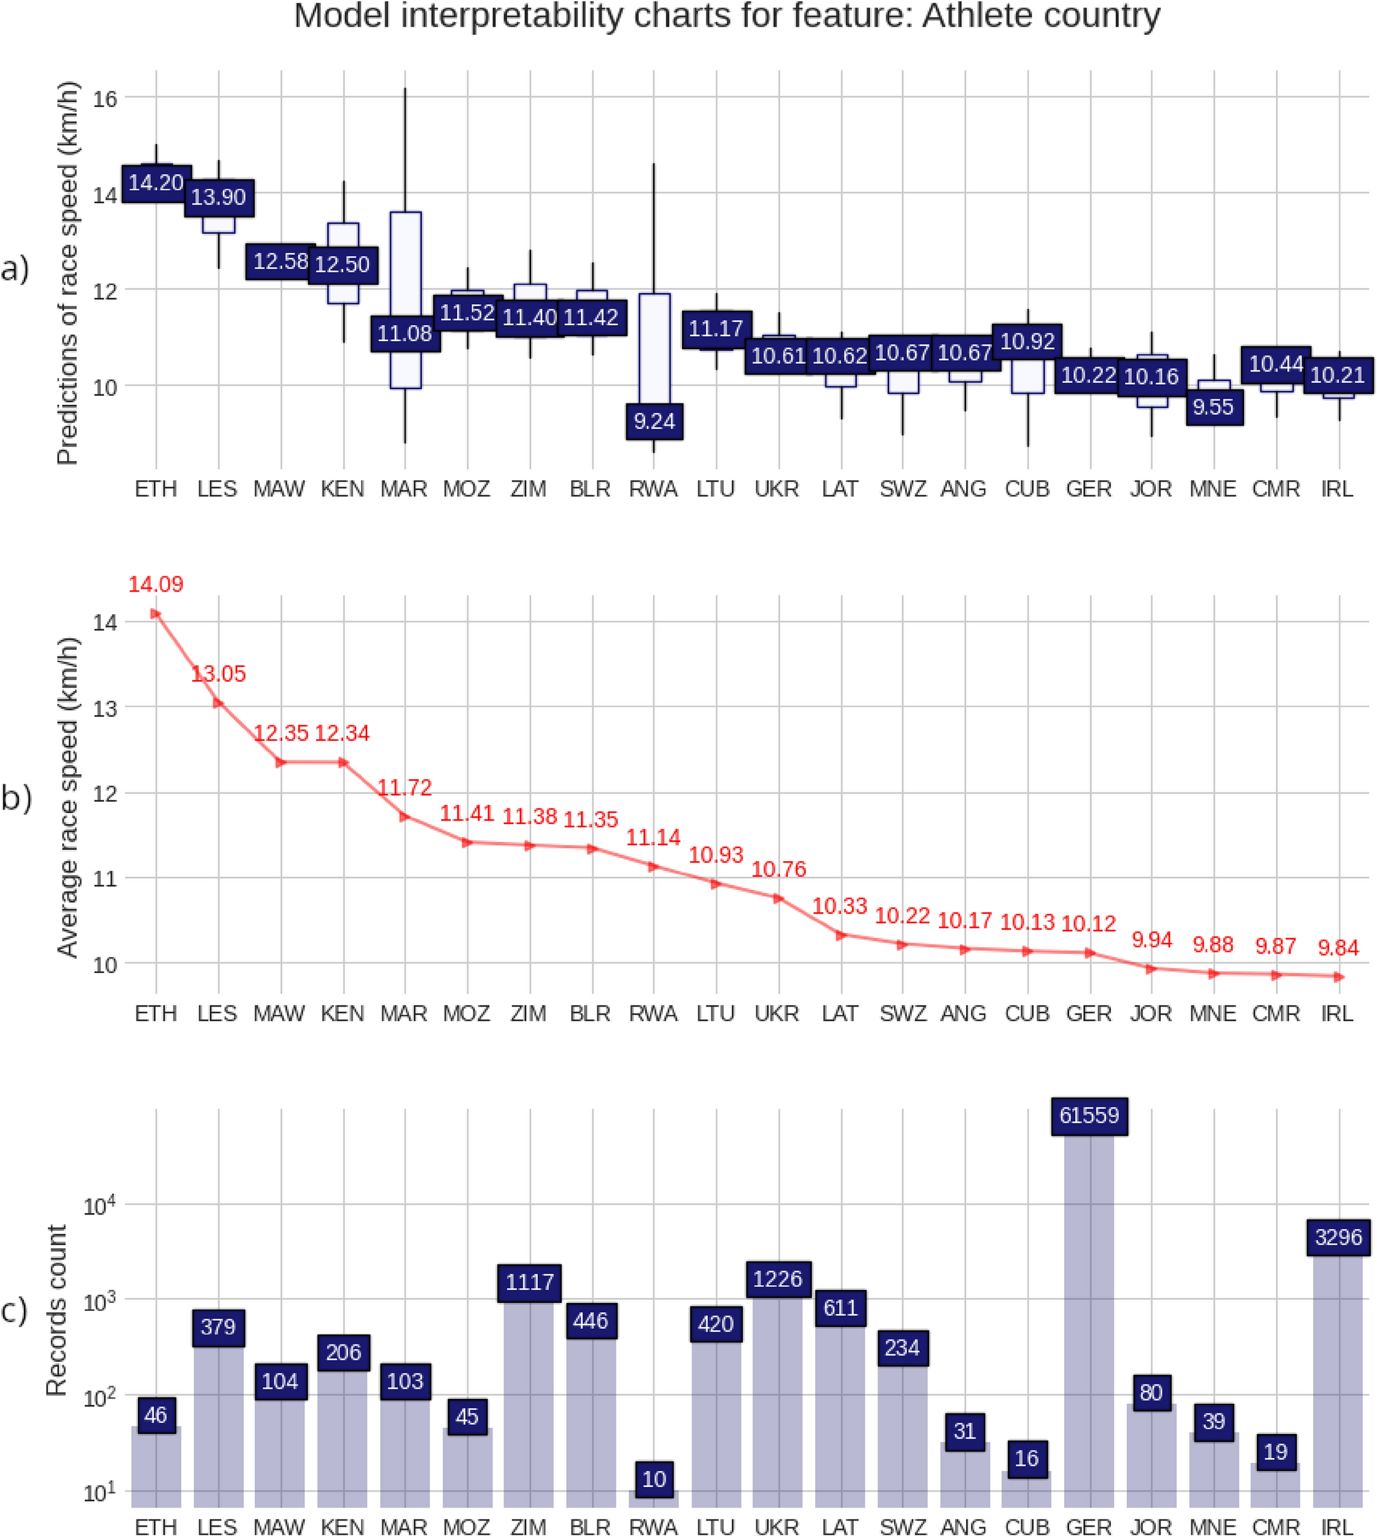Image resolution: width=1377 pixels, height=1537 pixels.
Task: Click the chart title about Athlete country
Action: [x=727, y=16]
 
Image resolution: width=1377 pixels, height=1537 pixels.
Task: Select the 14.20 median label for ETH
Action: [x=156, y=183]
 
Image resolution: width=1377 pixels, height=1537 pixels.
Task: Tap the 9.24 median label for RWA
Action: [x=655, y=421]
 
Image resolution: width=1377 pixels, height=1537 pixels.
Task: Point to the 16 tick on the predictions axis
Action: [x=105, y=98]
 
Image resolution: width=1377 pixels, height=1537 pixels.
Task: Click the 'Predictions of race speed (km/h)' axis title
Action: [x=68, y=272]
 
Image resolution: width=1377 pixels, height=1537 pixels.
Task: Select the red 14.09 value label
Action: [x=156, y=584]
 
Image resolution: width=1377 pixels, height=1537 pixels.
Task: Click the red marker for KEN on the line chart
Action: [x=344, y=762]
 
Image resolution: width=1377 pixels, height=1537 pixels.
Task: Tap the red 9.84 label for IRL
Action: [x=1338, y=948]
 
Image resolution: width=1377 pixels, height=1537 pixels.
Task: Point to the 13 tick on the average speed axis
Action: [x=106, y=708]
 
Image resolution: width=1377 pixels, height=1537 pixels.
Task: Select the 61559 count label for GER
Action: [x=1089, y=1116]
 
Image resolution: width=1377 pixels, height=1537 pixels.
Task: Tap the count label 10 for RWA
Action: [x=655, y=1479]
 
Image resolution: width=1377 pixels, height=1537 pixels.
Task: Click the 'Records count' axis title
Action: [x=58, y=1310]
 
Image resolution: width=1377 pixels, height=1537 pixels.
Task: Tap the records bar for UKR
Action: [x=778, y=1400]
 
